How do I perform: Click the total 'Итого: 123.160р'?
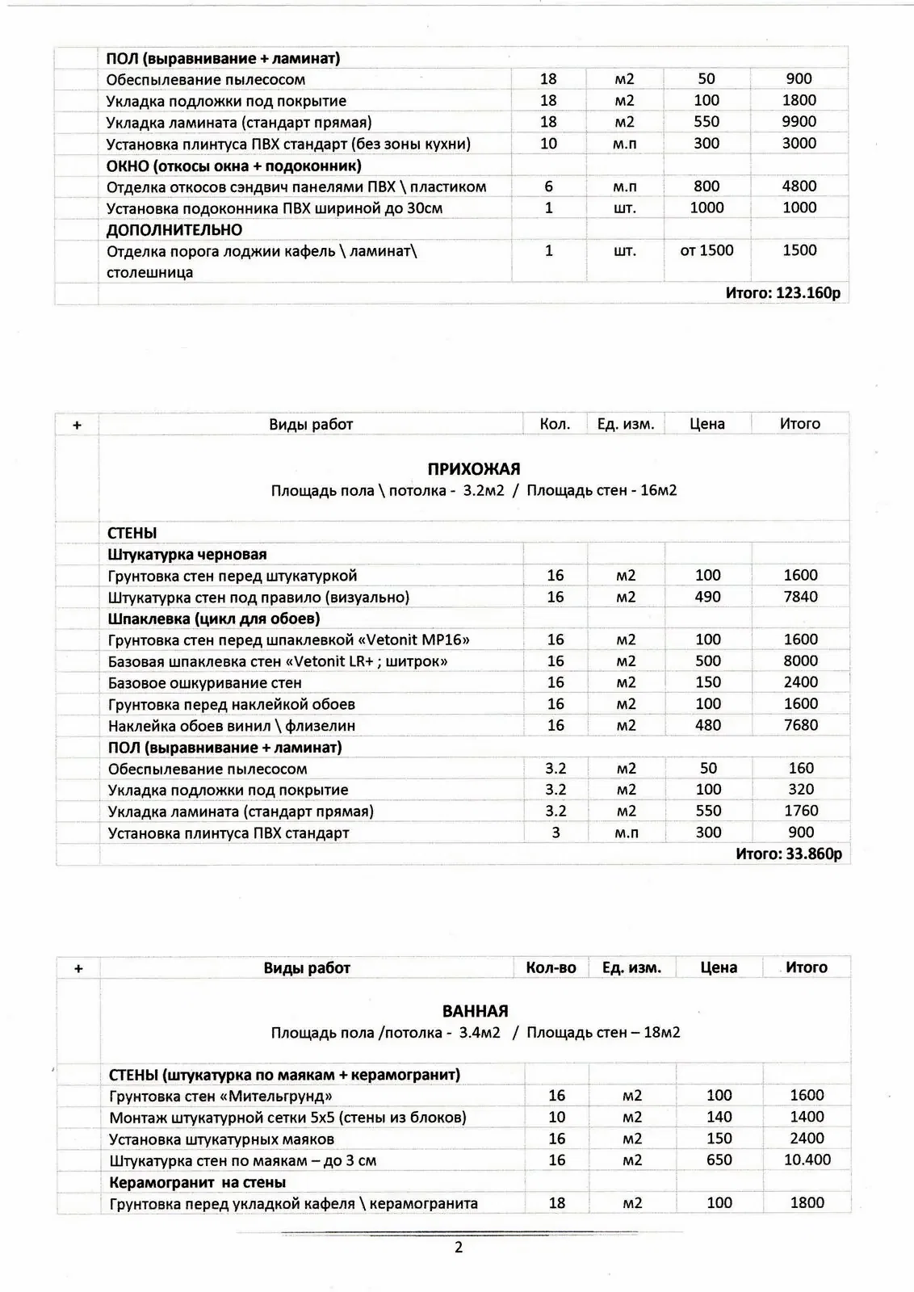pos(782,293)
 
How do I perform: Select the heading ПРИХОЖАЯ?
pos(473,469)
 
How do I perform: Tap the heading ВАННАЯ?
pos(475,1012)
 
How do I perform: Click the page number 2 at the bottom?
pos(459,1248)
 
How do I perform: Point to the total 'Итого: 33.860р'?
pos(788,854)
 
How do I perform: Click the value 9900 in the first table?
pos(799,122)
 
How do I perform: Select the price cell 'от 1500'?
pos(706,250)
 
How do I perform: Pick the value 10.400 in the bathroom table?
pos(806,1160)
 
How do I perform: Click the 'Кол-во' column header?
pos(551,967)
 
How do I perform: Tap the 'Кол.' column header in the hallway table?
pos(555,424)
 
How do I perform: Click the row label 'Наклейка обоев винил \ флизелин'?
pos(232,726)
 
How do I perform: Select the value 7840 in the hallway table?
pos(800,598)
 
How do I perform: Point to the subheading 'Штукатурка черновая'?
pos(187,555)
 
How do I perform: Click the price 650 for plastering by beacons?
pos(719,1160)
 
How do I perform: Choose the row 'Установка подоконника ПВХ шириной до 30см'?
pos(275,208)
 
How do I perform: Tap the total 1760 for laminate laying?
pos(801,811)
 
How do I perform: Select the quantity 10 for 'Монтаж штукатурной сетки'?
pos(556,1118)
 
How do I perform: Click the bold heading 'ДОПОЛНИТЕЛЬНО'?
pos(174,230)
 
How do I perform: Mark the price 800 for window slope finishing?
pos(706,187)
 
